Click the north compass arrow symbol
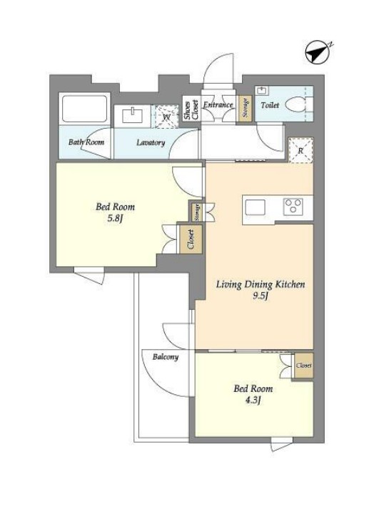318,52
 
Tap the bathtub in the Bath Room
85,108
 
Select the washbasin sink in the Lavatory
132,116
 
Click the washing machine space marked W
166,117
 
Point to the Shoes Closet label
191,109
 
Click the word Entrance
218,104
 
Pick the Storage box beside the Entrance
246,109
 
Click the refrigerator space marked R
300,150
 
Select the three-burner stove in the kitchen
293,207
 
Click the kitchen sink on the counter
256,207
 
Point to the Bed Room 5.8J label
116,212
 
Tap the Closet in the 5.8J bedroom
191,239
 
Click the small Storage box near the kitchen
197,212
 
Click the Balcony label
166,357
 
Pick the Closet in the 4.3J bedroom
304,366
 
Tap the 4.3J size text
253,401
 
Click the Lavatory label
151,142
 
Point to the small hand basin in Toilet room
261,91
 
